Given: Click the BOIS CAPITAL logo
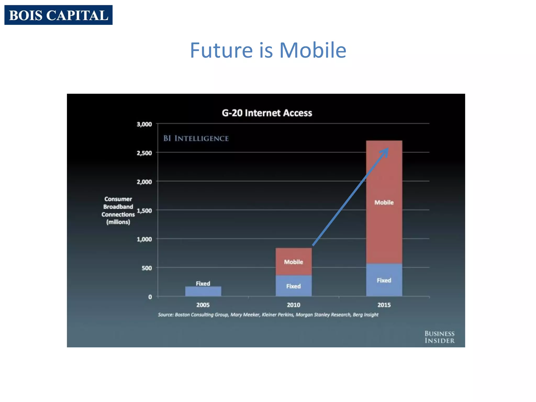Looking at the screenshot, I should [x=58, y=15].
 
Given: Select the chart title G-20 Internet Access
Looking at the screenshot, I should [x=267, y=113].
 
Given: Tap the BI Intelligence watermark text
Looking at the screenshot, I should [x=196, y=138].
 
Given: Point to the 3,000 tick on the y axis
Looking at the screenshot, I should [x=144, y=124].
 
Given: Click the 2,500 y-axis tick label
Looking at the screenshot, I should [x=144, y=153].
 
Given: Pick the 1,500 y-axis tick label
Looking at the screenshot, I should [x=144, y=210].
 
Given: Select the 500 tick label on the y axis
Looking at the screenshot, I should [x=147, y=268].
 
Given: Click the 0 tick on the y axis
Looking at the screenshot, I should [x=150, y=297].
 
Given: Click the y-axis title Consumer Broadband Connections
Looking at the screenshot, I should [x=118, y=210].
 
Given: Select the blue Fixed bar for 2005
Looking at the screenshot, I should [x=203, y=291].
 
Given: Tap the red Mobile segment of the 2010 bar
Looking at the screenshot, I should [x=293, y=262].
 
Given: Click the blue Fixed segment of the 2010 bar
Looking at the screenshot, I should [x=293, y=286].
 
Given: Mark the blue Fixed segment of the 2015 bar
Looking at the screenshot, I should [x=384, y=280].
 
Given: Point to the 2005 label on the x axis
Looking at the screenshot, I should [x=203, y=305].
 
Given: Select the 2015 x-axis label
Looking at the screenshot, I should [x=384, y=305].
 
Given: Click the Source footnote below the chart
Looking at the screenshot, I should [x=268, y=315].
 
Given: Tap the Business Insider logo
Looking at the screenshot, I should [x=439, y=337].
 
